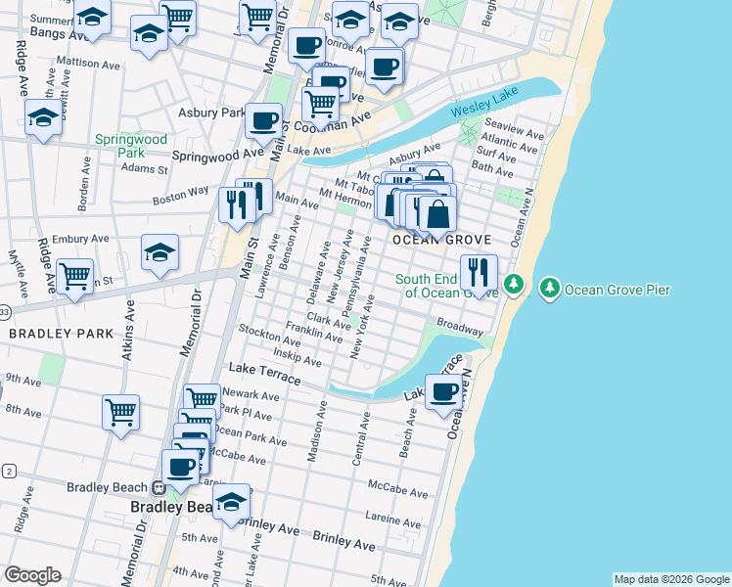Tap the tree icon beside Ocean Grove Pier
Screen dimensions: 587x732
(x=550, y=287)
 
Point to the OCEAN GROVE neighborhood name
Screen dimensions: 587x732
(x=439, y=240)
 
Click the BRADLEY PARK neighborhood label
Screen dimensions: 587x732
(x=62, y=334)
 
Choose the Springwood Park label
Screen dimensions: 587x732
(x=131, y=146)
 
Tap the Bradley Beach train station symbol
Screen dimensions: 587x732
(x=158, y=487)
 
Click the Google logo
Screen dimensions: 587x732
(x=32, y=575)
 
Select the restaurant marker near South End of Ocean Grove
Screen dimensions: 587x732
(x=479, y=270)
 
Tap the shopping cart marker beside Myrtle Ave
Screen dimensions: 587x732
(x=74, y=276)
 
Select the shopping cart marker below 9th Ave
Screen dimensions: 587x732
(x=121, y=411)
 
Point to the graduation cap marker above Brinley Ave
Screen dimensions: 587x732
(x=231, y=503)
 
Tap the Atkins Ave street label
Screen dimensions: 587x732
(x=128, y=333)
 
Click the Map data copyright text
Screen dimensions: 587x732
(x=671, y=579)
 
